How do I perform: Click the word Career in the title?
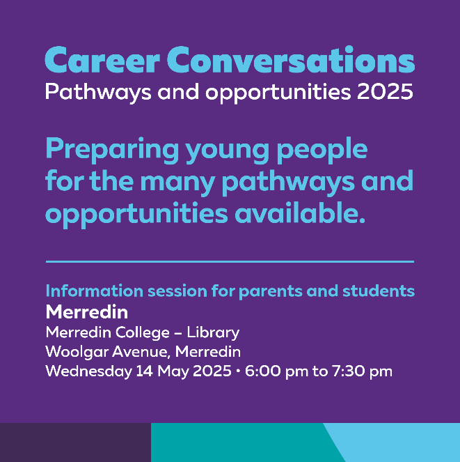tap(102, 59)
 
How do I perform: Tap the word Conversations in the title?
tap(291, 59)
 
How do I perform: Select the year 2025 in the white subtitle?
tap(385, 91)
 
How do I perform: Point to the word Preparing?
tap(112, 151)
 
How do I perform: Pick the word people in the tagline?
tap(322, 151)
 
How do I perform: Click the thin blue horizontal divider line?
tap(230, 261)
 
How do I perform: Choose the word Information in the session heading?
tap(95, 291)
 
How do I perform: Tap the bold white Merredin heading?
tap(87, 312)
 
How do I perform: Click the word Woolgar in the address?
tap(77, 353)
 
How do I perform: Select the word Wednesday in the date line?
tap(88, 371)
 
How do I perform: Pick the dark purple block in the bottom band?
tap(75, 442)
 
